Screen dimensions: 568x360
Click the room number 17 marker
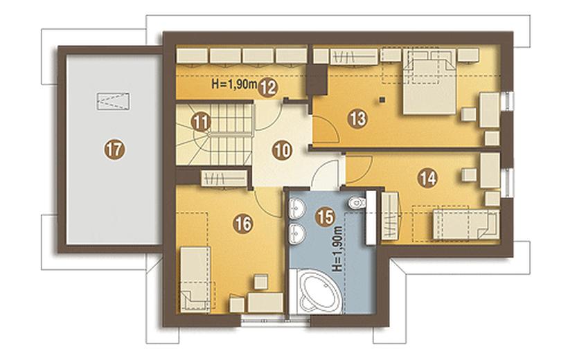114,149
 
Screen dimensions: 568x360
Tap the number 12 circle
268,87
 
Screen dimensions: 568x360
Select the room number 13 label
358,118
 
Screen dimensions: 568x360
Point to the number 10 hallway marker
283,150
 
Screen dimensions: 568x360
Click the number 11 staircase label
201,123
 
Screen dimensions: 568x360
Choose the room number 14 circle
428,178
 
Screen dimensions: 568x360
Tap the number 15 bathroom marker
325,217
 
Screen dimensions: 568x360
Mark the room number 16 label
242,224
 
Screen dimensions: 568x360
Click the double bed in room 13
429,82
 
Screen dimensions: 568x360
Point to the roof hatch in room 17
114,101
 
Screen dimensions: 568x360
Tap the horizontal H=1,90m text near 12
234,84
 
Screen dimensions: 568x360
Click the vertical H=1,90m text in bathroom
337,249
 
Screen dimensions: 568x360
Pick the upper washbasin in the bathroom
297,208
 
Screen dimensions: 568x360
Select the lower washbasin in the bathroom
297,233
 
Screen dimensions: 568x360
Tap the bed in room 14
466,224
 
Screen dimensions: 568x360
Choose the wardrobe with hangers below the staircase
224,178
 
